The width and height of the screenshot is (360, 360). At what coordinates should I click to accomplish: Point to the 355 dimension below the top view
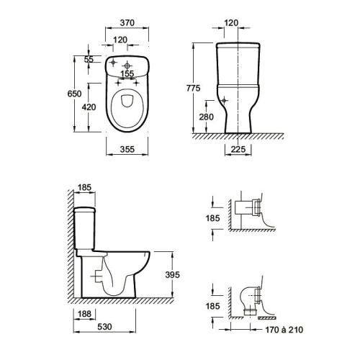pos(127,150)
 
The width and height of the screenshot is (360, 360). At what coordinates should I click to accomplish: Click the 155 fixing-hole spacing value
pos(127,74)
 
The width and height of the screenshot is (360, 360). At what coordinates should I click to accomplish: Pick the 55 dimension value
pos(89,60)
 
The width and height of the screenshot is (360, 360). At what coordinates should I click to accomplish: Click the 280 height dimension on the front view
pos(206,117)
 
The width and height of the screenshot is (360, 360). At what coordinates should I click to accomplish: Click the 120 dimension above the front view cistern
pos(231,23)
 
